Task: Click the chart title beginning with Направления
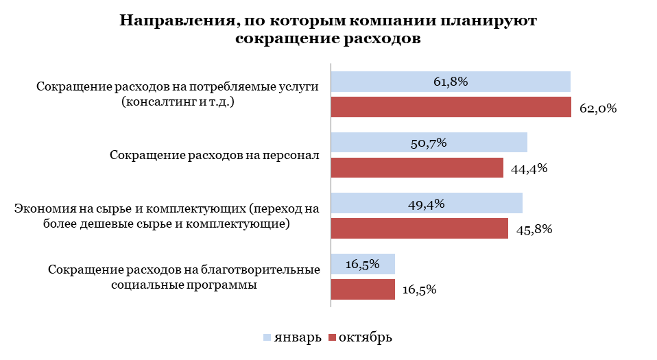[x=328, y=29]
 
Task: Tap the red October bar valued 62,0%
[x=451, y=108]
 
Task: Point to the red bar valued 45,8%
[x=419, y=229]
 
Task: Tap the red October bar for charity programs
[x=363, y=289]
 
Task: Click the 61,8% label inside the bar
[x=451, y=82]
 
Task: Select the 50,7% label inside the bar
[x=429, y=143]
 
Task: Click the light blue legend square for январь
[x=267, y=337]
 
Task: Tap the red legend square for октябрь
[x=332, y=337]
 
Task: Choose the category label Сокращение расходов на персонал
[x=215, y=155]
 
